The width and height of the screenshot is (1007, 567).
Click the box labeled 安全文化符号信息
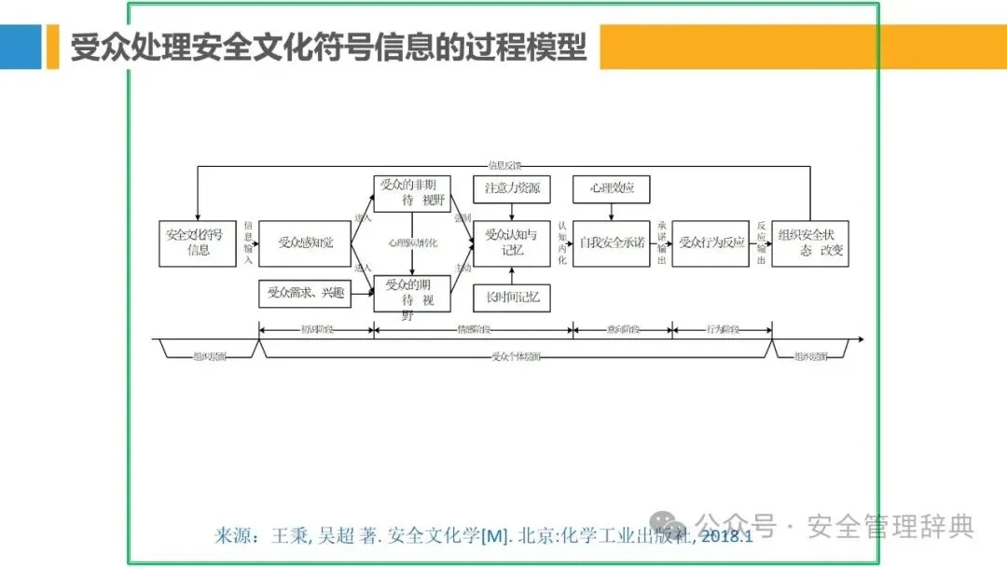click(x=198, y=242)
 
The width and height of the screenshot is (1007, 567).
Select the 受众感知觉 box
click(x=305, y=242)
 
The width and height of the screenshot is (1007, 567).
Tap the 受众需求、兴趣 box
click(x=305, y=294)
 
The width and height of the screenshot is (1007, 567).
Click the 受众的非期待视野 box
click(x=412, y=193)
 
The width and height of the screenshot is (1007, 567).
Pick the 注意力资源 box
click(x=512, y=188)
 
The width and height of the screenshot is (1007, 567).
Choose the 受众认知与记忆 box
click(x=512, y=242)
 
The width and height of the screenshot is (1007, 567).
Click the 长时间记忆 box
click(x=512, y=297)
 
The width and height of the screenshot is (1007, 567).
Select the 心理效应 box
click(x=611, y=188)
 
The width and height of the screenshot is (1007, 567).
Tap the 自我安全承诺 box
click(x=611, y=242)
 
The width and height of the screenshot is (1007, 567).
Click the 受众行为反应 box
click(x=710, y=242)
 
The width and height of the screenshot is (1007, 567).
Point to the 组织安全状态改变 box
click(x=810, y=242)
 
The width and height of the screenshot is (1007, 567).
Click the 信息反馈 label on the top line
click(x=504, y=165)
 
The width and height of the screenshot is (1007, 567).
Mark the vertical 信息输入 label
click(x=248, y=242)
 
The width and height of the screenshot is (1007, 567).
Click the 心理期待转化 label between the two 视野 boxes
click(x=412, y=242)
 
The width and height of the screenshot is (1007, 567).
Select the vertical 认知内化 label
click(x=562, y=242)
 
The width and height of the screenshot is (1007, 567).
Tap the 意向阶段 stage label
click(x=623, y=329)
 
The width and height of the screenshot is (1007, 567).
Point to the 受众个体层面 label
click(x=516, y=355)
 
